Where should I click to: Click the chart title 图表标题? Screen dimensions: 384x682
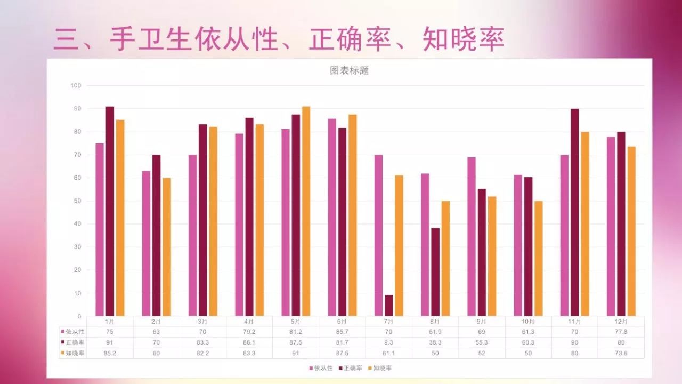(x=349, y=70)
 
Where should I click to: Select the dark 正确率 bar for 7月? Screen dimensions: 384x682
(x=388, y=306)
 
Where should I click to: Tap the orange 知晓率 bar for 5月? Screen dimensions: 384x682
(x=306, y=211)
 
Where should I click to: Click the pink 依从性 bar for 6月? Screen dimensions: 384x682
(x=332, y=218)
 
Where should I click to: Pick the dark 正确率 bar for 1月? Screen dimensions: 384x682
(x=110, y=211)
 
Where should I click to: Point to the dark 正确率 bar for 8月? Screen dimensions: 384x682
(x=435, y=272)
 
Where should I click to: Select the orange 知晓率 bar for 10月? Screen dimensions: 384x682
(x=539, y=259)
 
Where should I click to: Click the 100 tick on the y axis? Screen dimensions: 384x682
(x=75, y=86)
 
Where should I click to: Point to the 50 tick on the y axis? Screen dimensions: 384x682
(x=77, y=201)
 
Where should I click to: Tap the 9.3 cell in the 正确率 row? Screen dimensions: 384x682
(x=388, y=342)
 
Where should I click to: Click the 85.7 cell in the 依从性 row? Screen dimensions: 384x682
(x=342, y=332)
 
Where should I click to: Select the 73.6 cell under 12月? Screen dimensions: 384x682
(x=621, y=353)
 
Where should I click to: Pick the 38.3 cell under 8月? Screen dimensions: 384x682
(x=435, y=342)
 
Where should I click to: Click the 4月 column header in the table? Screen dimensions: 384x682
(x=249, y=322)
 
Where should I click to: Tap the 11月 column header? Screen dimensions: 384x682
(x=574, y=322)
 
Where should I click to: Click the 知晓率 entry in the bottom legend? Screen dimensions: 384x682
(x=383, y=368)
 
